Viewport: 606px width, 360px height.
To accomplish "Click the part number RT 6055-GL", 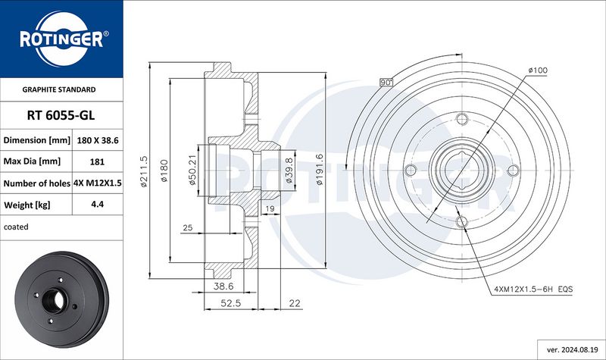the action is click(x=61, y=115).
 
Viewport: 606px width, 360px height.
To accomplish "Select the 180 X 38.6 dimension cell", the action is click(x=98, y=140).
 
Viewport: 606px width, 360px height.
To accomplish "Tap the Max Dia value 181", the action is click(x=97, y=161).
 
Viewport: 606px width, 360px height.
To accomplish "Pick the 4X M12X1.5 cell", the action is click(x=98, y=183).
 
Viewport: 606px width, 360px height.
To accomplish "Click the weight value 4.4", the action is click(x=97, y=204).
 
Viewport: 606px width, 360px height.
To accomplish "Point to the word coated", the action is click(x=16, y=227).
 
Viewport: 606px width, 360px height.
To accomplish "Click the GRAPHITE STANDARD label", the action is click(x=59, y=89).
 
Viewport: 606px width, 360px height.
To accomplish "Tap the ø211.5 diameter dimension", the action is click(x=143, y=171).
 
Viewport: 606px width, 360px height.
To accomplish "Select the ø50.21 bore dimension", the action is click(x=192, y=170).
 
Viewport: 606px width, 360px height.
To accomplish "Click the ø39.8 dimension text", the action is click(x=289, y=170).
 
